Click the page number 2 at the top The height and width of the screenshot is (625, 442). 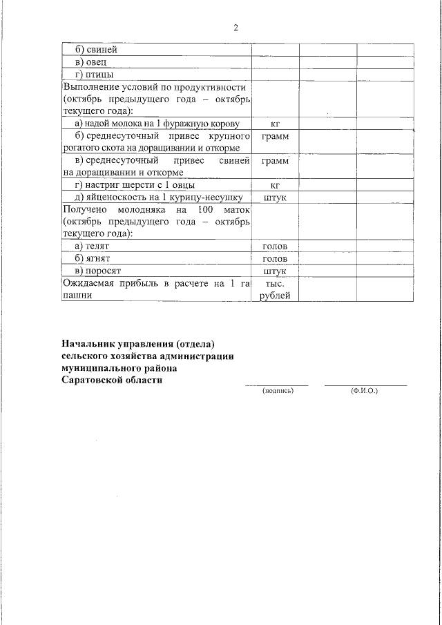coord(236,28)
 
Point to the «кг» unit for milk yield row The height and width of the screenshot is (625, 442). coord(275,124)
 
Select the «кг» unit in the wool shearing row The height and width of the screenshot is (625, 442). coord(275,185)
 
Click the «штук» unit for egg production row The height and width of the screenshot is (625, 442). coord(275,198)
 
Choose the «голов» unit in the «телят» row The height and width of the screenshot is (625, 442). coord(275,247)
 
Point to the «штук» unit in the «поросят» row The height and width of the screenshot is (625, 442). coord(275,271)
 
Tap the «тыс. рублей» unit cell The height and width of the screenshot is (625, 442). coord(275,289)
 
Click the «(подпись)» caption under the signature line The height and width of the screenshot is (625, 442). coord(278,391)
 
